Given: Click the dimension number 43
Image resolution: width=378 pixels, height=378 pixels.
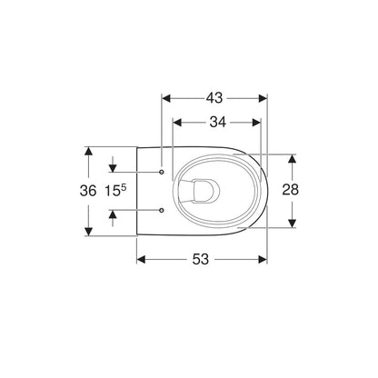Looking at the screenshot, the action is pos(214,98).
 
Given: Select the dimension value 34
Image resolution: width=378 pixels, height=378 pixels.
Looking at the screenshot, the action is pos(218,122).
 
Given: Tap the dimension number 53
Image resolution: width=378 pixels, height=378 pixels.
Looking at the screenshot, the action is pos(201,259).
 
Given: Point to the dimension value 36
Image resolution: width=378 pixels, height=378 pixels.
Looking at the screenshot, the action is pos(88,191).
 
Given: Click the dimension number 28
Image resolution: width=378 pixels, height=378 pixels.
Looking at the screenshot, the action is pos(291,190).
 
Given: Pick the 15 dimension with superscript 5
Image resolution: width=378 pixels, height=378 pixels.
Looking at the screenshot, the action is pos(115,191).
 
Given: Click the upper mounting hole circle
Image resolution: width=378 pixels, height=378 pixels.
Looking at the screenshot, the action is pos(162,172).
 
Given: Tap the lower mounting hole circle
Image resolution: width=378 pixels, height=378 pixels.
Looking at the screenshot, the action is pos(162,210).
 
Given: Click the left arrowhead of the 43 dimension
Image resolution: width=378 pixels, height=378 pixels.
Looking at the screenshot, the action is pos(166,98).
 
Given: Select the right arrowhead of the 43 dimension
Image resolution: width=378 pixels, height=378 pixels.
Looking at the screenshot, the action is pos(263,98).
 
